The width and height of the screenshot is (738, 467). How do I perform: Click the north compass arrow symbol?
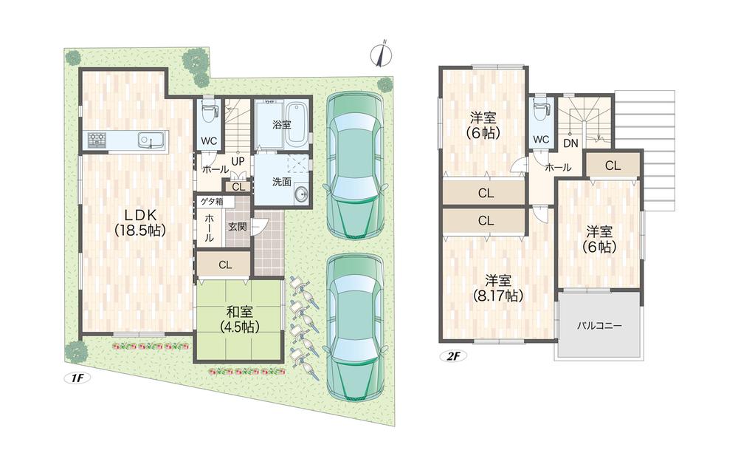(x=383, y=55)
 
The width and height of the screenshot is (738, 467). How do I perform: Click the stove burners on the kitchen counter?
(x=98, y=139)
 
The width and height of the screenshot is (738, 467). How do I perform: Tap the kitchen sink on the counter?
(x=151, y=139)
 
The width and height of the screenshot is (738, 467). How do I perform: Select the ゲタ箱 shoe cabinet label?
(x=209, y=201)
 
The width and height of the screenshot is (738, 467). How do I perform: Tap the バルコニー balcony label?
(x=599, y=325)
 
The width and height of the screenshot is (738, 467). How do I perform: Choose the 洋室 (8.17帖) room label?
(x=498, y=288)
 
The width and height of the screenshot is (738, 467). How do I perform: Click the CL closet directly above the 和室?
(x=225, y=264)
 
